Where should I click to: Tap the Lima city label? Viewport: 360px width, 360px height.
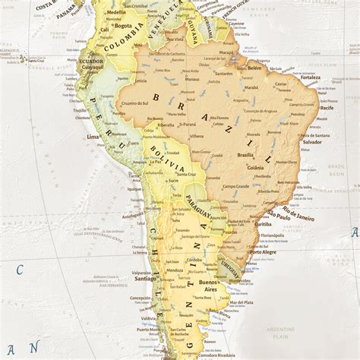93,137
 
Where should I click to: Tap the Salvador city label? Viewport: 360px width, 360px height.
311,142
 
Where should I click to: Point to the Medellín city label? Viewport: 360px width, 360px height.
117,13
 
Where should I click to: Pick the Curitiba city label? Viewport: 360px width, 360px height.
263,225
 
